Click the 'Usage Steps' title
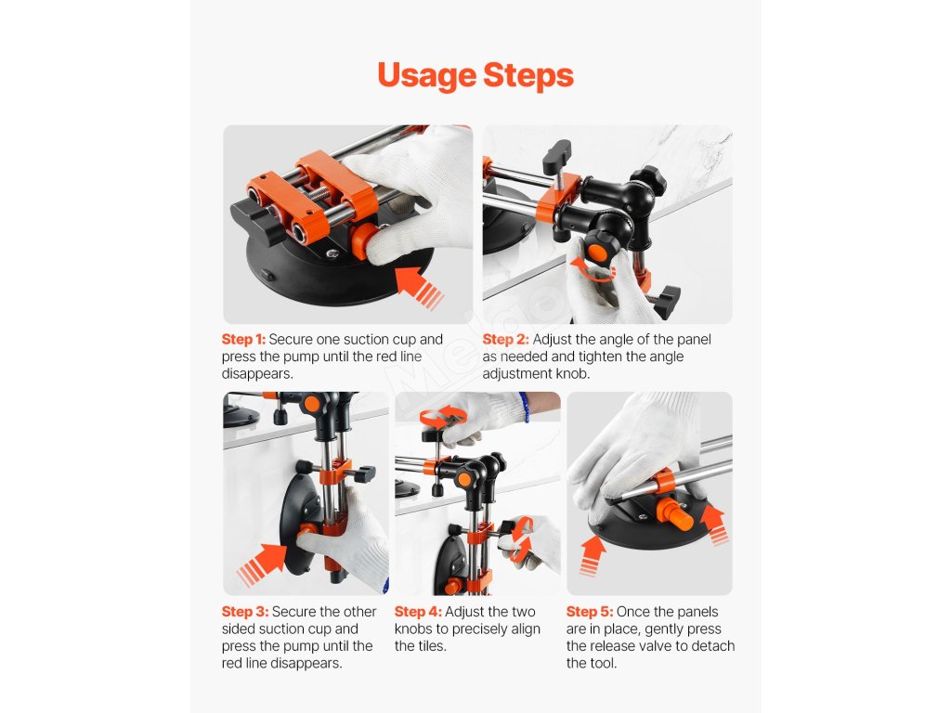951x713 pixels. click(x=475, y=76)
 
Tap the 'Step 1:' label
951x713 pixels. click(x=244, y=340)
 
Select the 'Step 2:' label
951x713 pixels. click(x=506, y=340)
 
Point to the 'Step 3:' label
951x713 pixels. click(x=244, y=612)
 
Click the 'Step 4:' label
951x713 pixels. click(x=418, y=612)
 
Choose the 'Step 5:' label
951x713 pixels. click(x=590, y=612)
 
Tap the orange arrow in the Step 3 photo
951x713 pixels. click(x=262, y=564)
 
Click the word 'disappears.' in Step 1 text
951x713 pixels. click(x=257, y=374)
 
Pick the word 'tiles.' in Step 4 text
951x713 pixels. click(x=429, y=646)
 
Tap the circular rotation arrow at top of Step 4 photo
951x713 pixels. click(x=443, y=417)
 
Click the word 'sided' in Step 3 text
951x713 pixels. click(x=241, y=629)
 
